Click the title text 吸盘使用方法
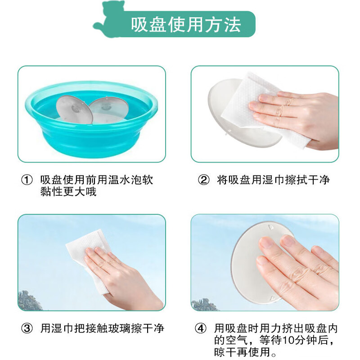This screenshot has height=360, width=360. tap(186, 24)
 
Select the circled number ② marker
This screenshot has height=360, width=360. tap(204, 180)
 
